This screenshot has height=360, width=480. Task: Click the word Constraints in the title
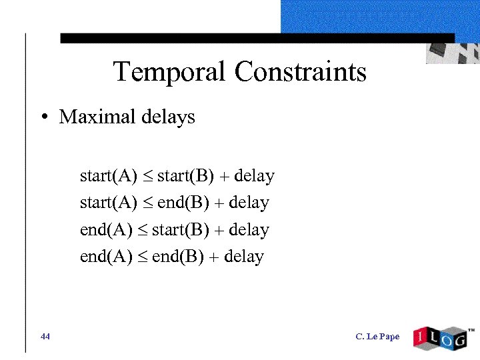click(300, 71)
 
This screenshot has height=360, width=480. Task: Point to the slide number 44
click(45, 337)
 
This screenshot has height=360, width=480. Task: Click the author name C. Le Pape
click(378, 337)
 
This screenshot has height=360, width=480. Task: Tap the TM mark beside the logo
click(471, 330)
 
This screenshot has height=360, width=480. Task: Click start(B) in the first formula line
click(186, 177)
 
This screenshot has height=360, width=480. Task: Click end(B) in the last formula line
click(178, 257)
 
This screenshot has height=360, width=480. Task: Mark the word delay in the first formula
click(255, 177)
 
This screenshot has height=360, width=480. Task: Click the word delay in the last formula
click(244, 257)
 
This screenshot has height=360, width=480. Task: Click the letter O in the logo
click(441, 339)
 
